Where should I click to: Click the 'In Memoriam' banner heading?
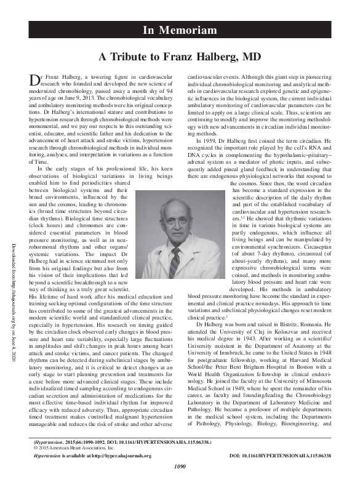tap(180, 30)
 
